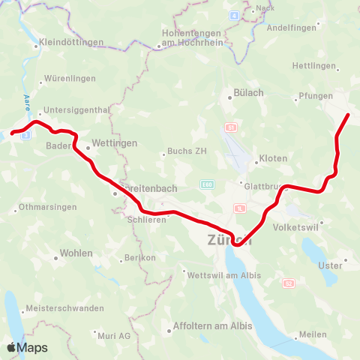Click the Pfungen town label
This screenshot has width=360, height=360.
[315, 95]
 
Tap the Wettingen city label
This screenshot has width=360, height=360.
[114, 142]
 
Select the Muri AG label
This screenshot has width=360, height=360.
[114, 335]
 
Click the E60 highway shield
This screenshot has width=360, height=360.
[207, 184]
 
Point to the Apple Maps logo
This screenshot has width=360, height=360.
[27, 347]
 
